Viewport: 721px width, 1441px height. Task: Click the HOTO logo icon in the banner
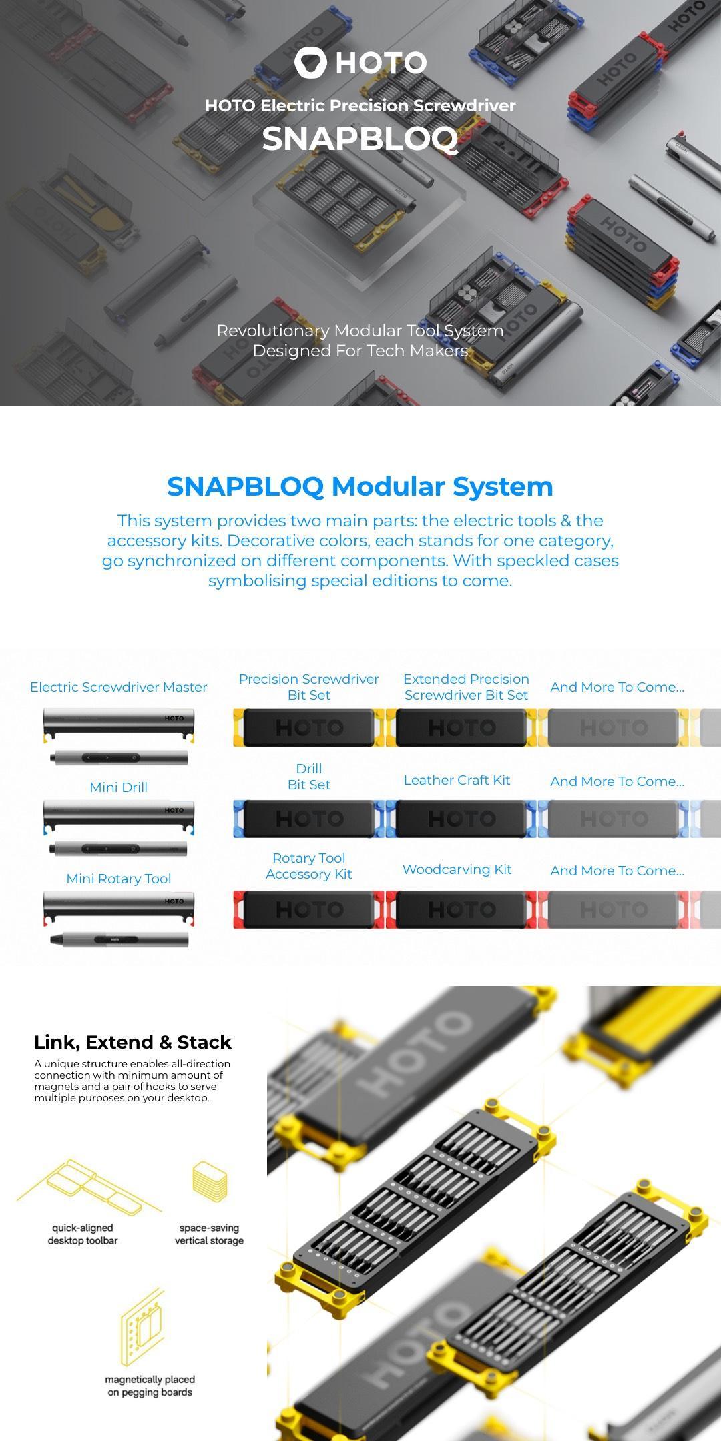point(310,62)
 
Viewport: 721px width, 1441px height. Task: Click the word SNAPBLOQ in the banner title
point(360,139)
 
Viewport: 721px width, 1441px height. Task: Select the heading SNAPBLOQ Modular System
point(360,486)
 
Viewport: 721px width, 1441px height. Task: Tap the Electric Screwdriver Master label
point(118,687)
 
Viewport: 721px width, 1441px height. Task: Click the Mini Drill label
point(118,787)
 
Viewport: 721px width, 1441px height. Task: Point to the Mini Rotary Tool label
point(118,879)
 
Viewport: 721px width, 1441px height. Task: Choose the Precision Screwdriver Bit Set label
point(308,687)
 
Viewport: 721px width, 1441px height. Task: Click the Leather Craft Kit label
point(457,780)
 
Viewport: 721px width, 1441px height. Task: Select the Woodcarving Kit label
point(457,869)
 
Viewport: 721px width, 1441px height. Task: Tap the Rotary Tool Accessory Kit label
point(308,866)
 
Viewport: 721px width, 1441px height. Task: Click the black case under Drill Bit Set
point(308,819)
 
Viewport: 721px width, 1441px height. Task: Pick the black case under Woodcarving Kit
point(461,909)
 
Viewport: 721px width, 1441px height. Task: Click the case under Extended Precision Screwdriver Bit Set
point(461,727)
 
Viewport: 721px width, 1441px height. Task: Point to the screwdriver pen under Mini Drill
point(119,849)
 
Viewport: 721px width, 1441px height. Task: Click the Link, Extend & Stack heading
point(133,1042)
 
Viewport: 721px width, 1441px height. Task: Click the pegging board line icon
point(142,1328)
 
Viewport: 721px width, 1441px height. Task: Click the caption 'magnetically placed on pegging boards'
point(150,1386)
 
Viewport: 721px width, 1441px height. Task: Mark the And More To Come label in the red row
point(617,871)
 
